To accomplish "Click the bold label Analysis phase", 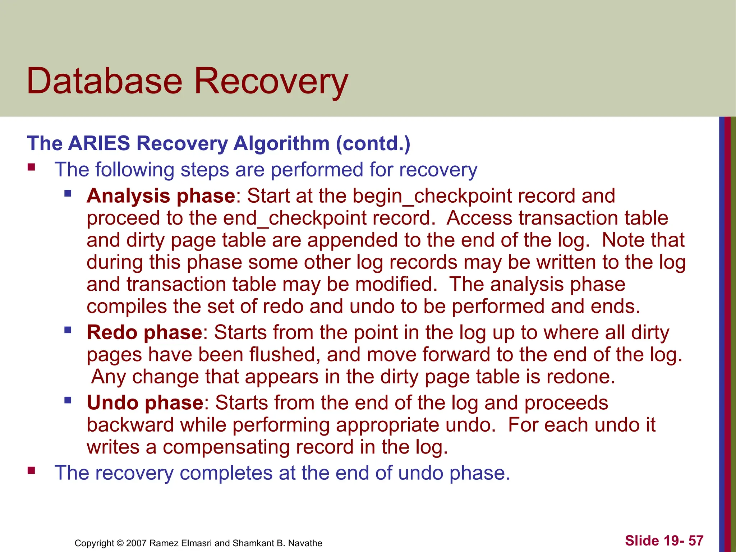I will [x=161, y=196].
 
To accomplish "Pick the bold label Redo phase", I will [x=144, y=332].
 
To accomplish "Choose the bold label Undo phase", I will [x=145, y=402].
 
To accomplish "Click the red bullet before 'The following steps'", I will [x=31, y=167].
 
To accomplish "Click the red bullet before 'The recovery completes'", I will [x=31, y=470].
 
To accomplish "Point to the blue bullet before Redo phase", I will [x=68, y=330].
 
